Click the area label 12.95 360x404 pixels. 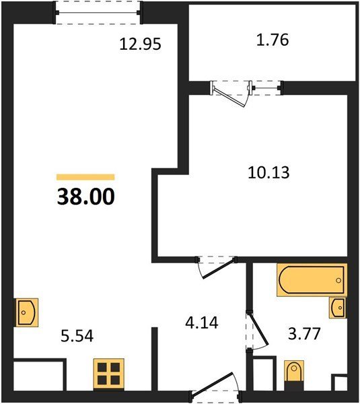pyautogui.click(x=141, y=44)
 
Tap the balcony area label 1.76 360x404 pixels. pyautogui.click(x=273, y=40)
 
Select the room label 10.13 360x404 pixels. pyautogui.click(x=268, y=172)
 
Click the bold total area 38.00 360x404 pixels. pyautogui.click(x=85, y=197)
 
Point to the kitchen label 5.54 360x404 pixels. pyautogui.click(x=77, y=336)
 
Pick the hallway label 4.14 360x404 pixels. pyautogui.click(x=202, y=323)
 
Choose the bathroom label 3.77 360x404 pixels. pyautogui.click(x=304, y=333)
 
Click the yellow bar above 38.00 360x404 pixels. pyautogui.click(x=85, y=177)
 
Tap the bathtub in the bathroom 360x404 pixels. pyautogui.click(x=312, y=280)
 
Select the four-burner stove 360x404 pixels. pyautogui.click(x=108, y=374)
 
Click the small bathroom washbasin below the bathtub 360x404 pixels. pyautogui.click(x=338, y=308)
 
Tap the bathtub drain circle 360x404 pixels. pyautogui.click(x=338, y=280)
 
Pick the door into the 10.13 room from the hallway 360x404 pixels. pyautogui.click(x=216, y=268)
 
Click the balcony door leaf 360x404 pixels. pyautogui.click(x=228, y=96)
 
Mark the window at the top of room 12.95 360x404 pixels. pyautogui.click(x=98, y=12)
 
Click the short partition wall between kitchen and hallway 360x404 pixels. pyautogui.click(x=154, y=359)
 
